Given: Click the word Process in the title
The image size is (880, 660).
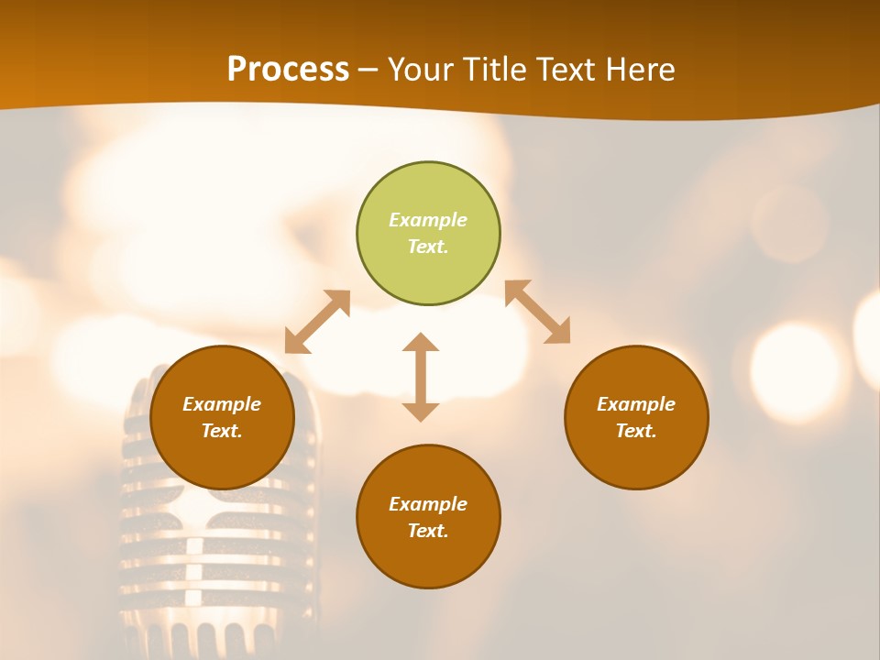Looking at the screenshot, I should click(288, 70).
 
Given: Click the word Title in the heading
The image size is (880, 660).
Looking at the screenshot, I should click(496, 70).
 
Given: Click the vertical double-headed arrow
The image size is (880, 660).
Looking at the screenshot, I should click(421, 377).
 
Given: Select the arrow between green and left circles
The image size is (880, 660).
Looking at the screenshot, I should click(317, 322).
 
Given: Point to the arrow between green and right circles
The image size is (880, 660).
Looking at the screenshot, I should click(537, 312).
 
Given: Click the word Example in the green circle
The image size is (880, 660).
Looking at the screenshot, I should click(428, 220).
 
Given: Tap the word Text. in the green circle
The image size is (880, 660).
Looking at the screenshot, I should click(428, 247).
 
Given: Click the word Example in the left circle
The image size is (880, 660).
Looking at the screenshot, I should click(222, 404).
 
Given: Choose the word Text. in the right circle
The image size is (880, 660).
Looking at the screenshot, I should click(636, 431).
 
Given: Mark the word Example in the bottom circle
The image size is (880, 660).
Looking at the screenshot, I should click(428, 504).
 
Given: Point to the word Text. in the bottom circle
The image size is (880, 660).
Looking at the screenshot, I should click(428, 531).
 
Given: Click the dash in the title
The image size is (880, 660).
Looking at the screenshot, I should click(368, 70).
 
